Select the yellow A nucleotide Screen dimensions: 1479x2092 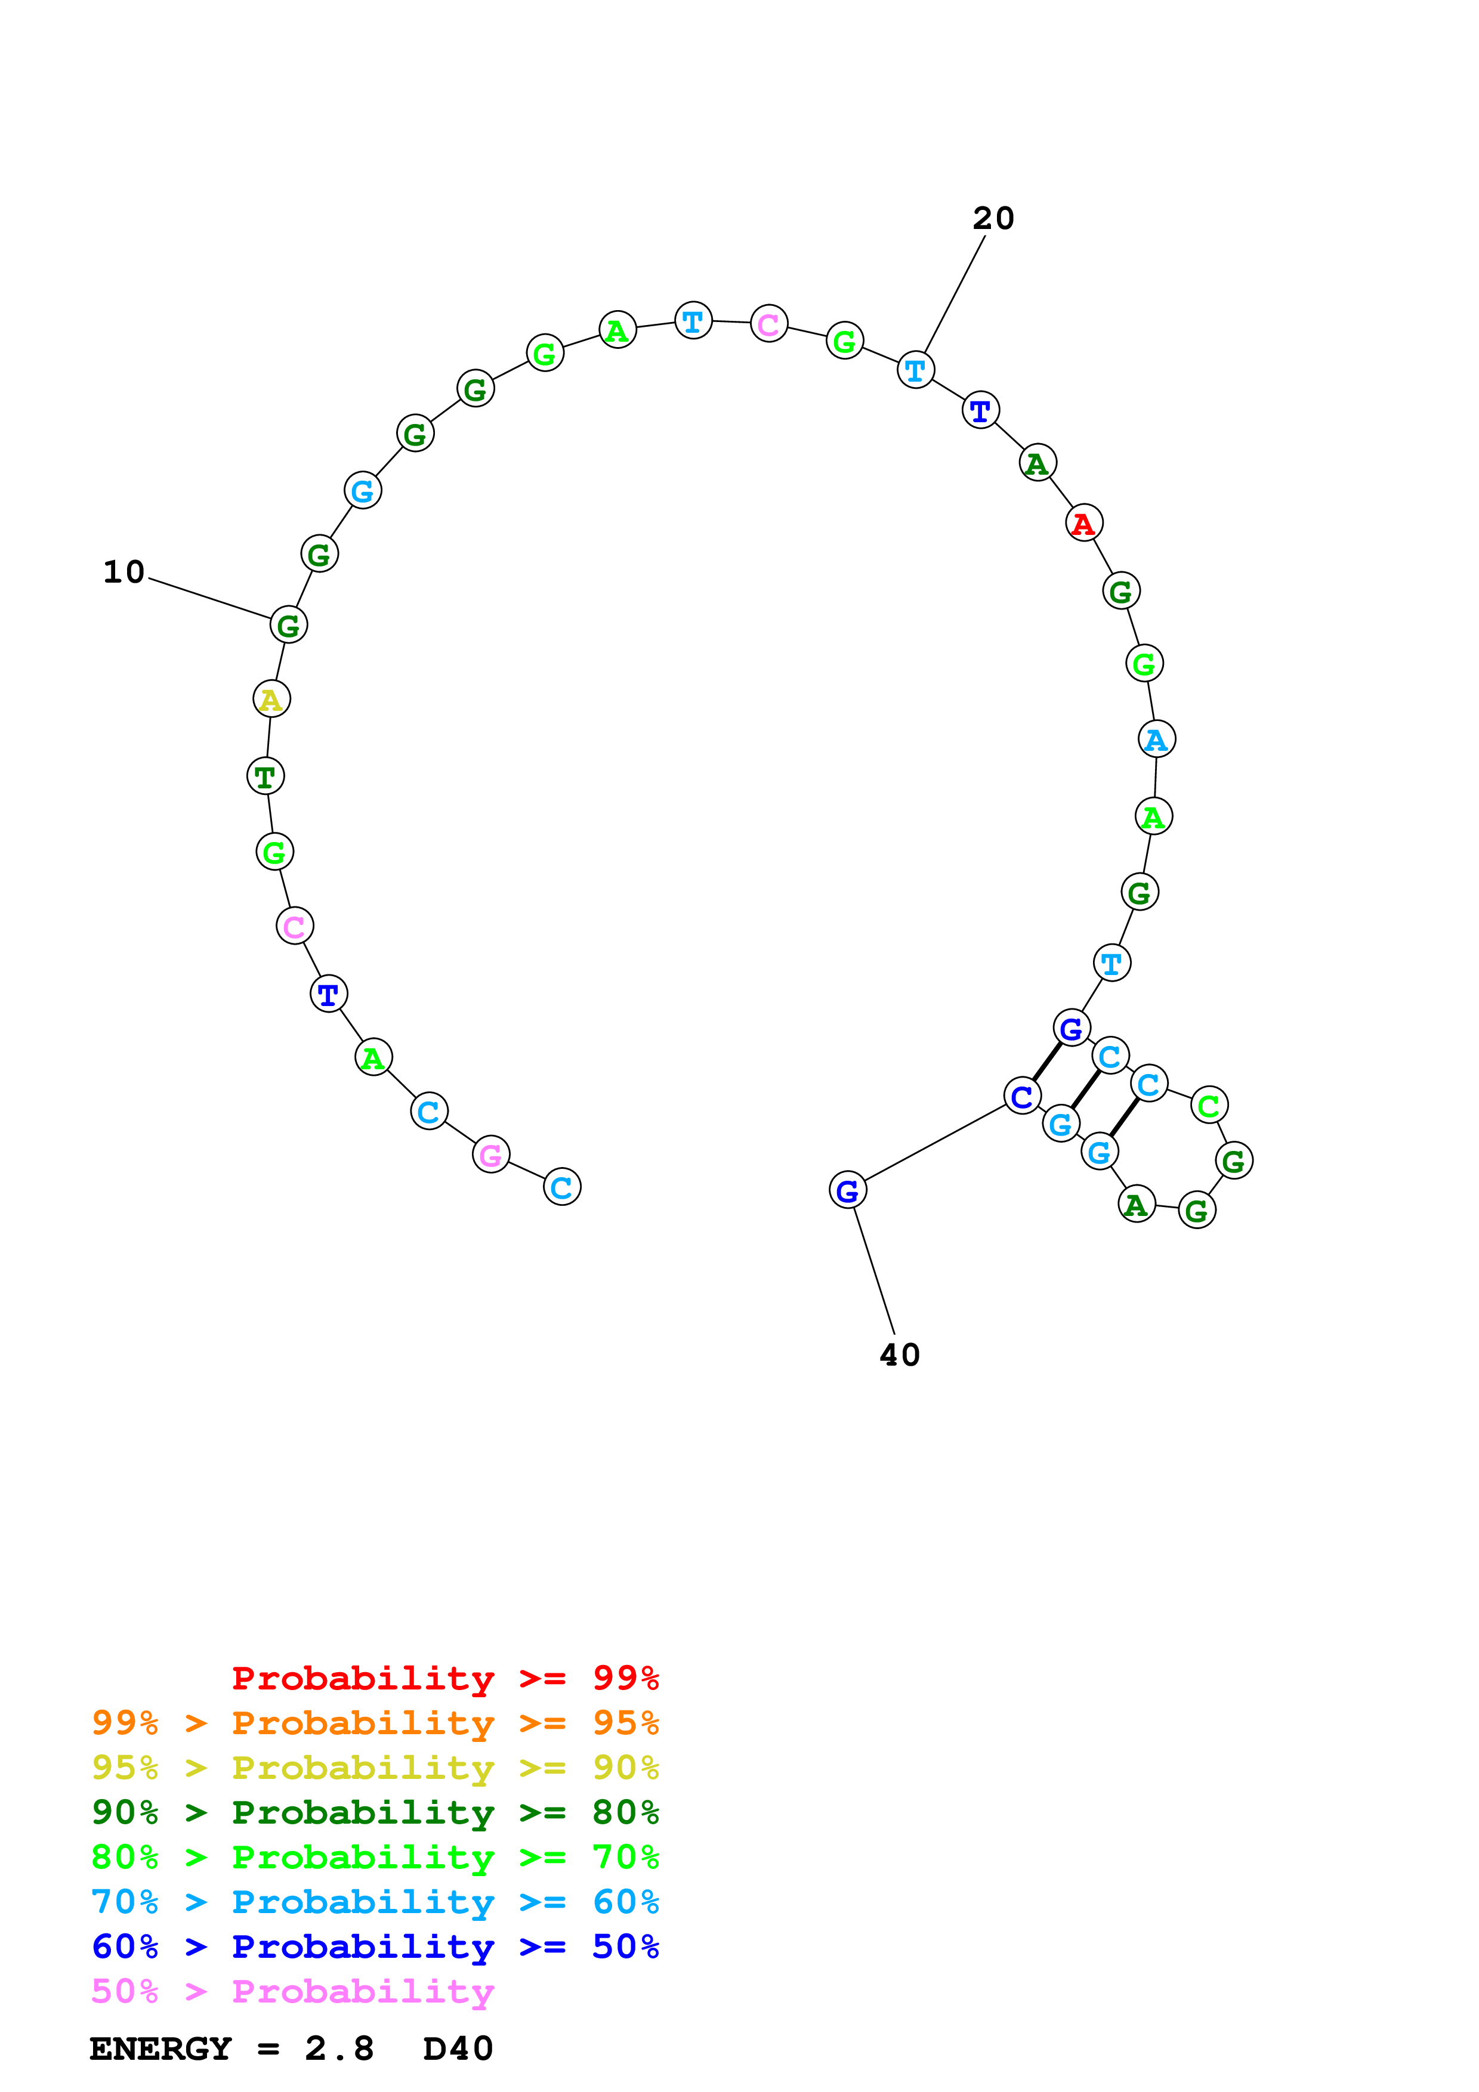pyautogui.click(x=271, y=699)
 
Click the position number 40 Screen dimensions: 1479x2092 pyautogui.click(x=900, y=1355)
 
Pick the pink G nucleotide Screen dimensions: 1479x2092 pyautogui.click(x=490, y=1155)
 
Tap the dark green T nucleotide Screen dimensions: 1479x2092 pyautogui.click(x=265, y=776)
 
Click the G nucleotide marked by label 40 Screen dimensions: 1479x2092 pyautogui.click(x=847, y=1190)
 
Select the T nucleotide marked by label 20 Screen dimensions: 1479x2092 pyautogui.click(x=915, y=370)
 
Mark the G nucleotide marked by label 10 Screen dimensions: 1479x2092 pyautogui.click(x=288, y=625)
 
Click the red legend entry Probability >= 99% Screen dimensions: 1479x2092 pyautogui.click(x=444, y=1678)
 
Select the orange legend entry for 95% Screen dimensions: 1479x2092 pyautogui.click(x=375, y=1723)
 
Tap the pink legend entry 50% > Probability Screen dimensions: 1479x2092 pyautogui.click(x=292, y=1991)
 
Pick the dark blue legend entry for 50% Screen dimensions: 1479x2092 pyautogui.click(x=375, y=1946)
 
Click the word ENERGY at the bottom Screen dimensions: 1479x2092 pyautogui.click(x=160, y=2048)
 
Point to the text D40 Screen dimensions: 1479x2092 pyautogui.click(x=458, y=2048)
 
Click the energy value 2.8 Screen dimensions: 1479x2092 pyautogui.click(x=339, y=2048)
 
